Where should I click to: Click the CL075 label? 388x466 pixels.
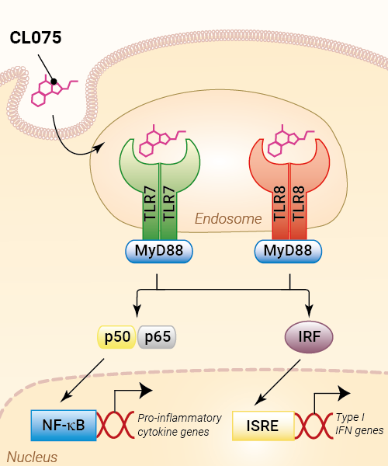pos(36,38)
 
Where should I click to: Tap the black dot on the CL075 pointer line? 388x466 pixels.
pos(54,81)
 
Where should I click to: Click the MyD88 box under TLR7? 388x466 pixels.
pos(159,251)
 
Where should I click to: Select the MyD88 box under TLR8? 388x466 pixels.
pos(288,251)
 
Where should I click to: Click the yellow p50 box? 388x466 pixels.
pos(117,337)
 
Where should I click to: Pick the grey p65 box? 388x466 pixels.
pos(157,337)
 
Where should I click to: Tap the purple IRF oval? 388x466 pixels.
pos(309,337)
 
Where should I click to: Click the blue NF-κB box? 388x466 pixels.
pos(64,426)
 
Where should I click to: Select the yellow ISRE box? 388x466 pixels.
pos(263,426)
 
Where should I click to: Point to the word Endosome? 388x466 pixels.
pos(228,219)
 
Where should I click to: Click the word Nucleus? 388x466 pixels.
pos(32,457)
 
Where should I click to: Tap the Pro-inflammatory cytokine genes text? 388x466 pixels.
pos(179,425)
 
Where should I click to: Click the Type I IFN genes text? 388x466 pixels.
pos(359,424)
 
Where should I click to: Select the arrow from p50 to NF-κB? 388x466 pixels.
pos(82,381)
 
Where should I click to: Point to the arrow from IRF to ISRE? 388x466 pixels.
pos(278,382)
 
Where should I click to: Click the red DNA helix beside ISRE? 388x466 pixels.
pos(314,426)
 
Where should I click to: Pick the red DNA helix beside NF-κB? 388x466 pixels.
pos(115,425)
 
